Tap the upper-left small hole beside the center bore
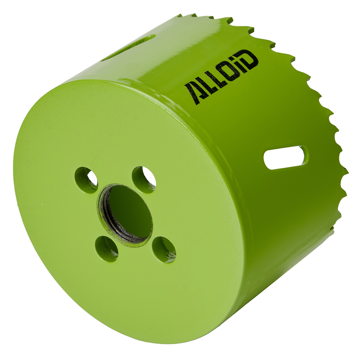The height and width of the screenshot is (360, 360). (x=86, y=179)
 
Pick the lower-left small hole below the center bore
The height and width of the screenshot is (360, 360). (x=107, y=248)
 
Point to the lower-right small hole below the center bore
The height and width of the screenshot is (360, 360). (x=164, y=249)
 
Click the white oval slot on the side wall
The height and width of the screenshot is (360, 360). (x=285, y=157)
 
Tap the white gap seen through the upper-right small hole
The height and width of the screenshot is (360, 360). (x=149, y=176)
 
